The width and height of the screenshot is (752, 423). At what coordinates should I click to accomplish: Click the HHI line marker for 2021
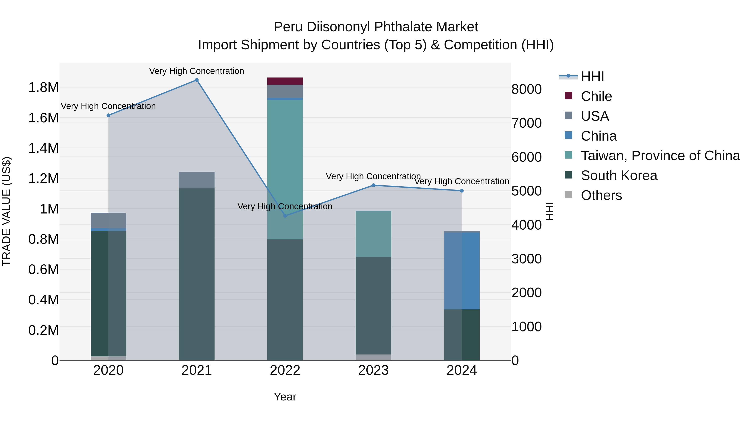click(x=197, y=80)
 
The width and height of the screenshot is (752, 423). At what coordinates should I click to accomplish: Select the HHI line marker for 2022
click(x=285, y=216)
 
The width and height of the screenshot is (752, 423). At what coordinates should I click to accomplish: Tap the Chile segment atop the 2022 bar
click(x=285, y=81)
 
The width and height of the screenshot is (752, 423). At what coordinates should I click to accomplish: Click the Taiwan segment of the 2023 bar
click(x=373, y=234)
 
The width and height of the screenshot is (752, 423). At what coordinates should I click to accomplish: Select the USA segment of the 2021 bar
click(x=197, y=180)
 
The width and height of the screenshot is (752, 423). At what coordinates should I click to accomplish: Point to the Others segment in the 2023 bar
click(x=373, y=357)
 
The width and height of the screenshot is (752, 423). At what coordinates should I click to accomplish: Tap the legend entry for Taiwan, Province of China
click(x=660, y=156)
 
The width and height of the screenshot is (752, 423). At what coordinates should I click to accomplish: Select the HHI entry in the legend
click(x=592, y=76)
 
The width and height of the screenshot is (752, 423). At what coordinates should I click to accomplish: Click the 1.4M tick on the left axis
click(x=43, y=148)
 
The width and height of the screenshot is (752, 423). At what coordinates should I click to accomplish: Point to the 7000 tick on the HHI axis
click(x=526, y=123)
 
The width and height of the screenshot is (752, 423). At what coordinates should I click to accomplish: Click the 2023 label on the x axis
click(x=373, y=370)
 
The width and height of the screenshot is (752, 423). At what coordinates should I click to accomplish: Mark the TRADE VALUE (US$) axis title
click(x=6, y=211)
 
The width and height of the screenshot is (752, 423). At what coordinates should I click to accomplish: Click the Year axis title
click(x=285, y=397)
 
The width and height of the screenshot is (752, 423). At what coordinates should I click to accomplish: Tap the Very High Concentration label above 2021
click(x=197, y=71)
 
